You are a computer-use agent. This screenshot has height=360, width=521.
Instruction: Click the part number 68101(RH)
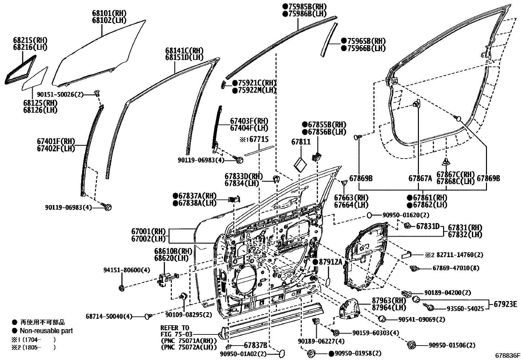109,13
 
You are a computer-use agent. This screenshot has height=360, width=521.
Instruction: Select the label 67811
301,142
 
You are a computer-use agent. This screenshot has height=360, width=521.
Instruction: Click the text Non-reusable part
46,331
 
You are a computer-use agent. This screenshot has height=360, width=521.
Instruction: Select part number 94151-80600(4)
122,270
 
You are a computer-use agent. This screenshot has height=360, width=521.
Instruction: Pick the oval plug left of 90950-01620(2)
369,215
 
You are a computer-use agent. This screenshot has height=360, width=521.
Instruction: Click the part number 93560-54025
465,309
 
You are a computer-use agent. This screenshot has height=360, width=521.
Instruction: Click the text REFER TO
174,328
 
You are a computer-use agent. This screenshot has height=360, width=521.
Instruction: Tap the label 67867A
420,179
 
